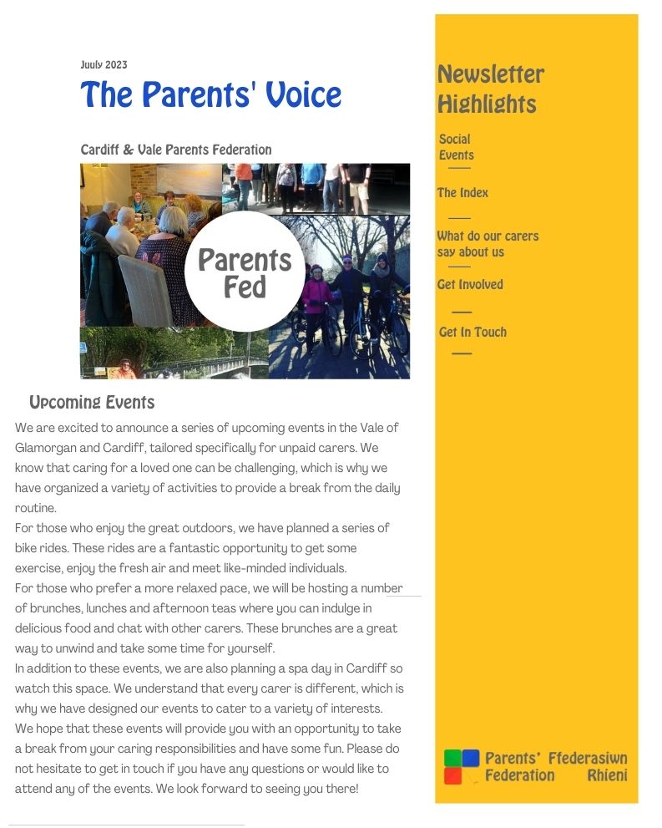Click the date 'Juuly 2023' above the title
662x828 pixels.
pos(104,65)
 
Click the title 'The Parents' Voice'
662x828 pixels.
pos(210,94)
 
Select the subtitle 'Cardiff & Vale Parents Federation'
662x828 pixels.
pos(175,150)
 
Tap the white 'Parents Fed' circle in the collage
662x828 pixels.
pos(245,272)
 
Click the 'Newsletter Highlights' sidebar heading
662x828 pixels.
pos(490,89)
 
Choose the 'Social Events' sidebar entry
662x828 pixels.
pos(456,147)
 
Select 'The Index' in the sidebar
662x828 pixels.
pos(462,193)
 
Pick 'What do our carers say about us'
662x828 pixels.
pos(488,244)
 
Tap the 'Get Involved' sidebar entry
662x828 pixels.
pos(470,285)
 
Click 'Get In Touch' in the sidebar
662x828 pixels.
pos(472,333)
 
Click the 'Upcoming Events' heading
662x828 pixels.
pos(92,403)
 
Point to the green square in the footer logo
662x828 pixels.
pos(452,758)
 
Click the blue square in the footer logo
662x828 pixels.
pos(471,758)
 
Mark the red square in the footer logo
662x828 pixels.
pos(452,776)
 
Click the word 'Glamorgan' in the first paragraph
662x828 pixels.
pos(49,448)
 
